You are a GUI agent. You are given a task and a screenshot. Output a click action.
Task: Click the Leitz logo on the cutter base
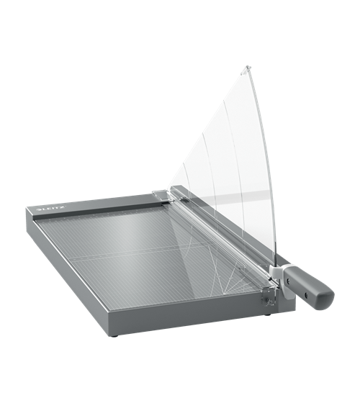(x=52, y=209)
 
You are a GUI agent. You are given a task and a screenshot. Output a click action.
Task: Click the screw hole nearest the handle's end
(x=306, y=294)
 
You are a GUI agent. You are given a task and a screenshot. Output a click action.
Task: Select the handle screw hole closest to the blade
(x=289, y=281)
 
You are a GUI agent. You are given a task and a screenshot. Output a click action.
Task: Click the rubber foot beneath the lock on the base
(x=268, y=314)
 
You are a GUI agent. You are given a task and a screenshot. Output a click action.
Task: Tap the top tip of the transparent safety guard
(x=248, y=66)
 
